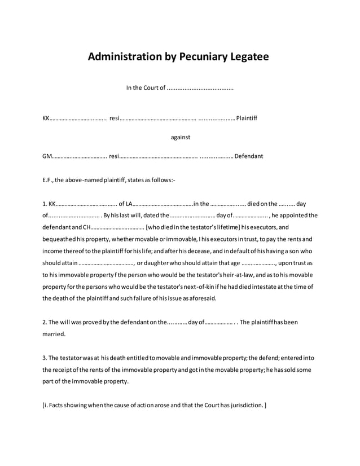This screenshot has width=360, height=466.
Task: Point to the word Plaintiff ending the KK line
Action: [247, 118]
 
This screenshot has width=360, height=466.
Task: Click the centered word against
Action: [180, 137]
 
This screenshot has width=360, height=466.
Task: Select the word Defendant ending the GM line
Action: [248, 156]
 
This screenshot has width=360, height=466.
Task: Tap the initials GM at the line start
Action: [47, 156]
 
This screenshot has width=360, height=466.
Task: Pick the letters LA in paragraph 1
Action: [129, 204]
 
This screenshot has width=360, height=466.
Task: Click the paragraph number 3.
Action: [45, 358]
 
